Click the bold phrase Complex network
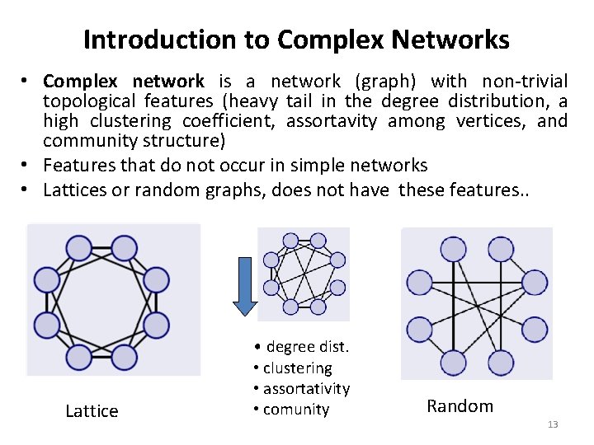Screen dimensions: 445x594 tap(124, 82)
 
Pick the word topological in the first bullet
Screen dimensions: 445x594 tap(92, 101)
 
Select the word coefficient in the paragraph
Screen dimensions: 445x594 tap(235, 121)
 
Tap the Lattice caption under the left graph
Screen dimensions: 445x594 tap(92, 410)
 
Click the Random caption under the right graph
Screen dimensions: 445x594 tap(460, 405)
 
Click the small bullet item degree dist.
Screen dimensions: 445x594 tap(302, 347)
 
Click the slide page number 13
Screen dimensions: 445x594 tap(553, 424)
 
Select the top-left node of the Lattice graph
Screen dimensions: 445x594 tap(79, 247)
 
